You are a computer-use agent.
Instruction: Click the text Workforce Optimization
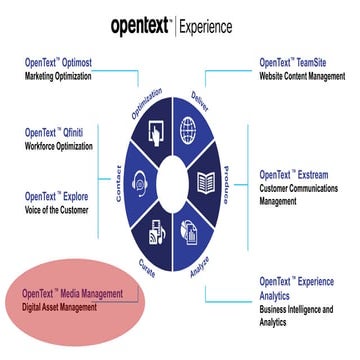(65, 147)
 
